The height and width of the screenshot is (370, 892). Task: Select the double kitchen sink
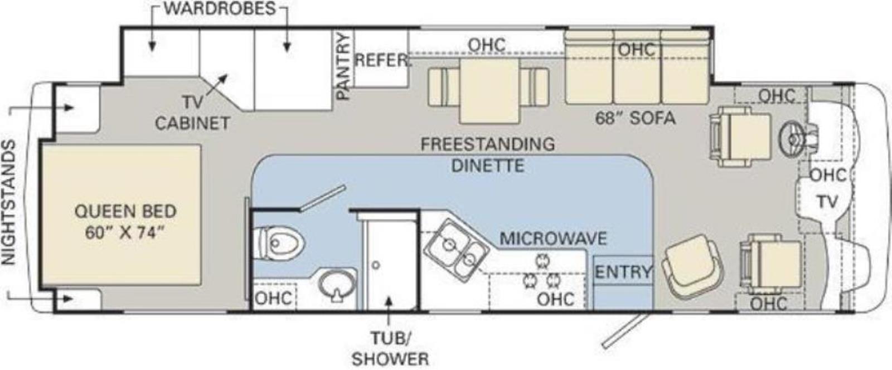pyautogui.click(x=456, y=251)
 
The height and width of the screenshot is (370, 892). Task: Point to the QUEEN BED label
pyautogui.click(x=125, y=211)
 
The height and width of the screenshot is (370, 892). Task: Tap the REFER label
pyautogui.click(x=381, y=61)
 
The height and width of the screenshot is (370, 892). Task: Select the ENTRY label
pyautogui.click(x=623, y=272)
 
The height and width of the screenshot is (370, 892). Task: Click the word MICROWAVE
pyautogui.click(x=553, y=238)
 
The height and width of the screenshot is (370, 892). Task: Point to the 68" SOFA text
pyautogui.click(x=635, y=118)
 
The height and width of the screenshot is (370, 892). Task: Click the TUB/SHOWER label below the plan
pyautogui.click(x=390, y=349)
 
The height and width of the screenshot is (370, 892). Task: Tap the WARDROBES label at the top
pyautogui.click(x=220, y=8)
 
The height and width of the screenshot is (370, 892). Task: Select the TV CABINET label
pyautogui.click(x=192, y=113)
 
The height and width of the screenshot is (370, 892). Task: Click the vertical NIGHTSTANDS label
pyautogui.click(x=8, y=202)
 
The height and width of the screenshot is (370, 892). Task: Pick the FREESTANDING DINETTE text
pyautogui.click(x=488, y=155)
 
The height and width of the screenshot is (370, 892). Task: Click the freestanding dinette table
pyautogui.click(x=489, y=91)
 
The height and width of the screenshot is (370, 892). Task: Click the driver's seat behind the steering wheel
pyautogui.click(x=741, y=136)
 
